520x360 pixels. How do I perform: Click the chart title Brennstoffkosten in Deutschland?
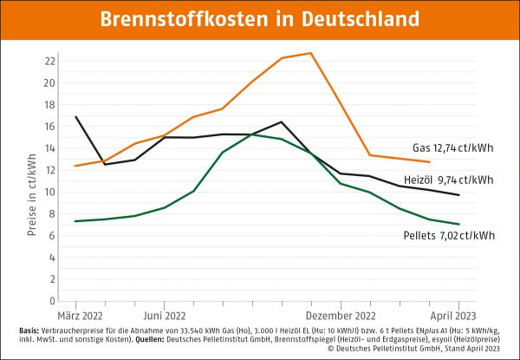260,18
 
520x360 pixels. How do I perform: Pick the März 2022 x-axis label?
81,317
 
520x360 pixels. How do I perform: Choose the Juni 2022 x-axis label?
164,317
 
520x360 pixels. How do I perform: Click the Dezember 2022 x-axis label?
341,317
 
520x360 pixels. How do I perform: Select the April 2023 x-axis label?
453,317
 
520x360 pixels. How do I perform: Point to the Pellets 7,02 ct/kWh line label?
448,234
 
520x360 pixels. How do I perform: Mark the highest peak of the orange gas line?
310,53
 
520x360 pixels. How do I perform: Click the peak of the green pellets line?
251,134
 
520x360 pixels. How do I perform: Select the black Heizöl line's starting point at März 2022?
76,117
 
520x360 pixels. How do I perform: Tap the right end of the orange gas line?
429,162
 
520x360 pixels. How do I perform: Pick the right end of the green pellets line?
458,224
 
